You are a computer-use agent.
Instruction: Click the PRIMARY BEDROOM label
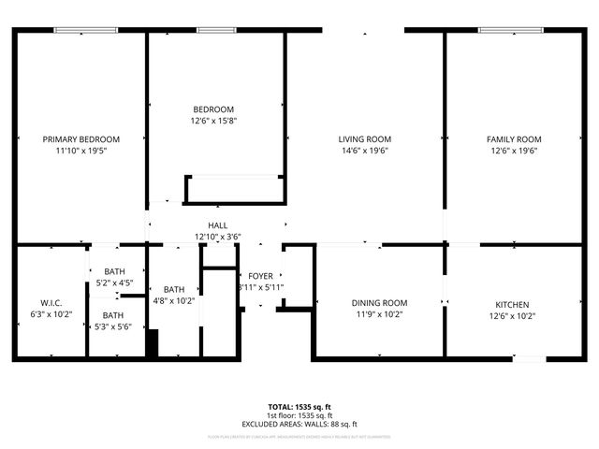click(81, 139)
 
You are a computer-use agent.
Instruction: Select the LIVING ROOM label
click(364, 139)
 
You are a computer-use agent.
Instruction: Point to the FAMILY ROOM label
click(514, 139)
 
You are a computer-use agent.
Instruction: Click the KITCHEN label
click(513, 305)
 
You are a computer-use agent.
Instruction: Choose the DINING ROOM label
click(379, 303)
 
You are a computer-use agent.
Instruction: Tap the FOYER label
click(261, 276)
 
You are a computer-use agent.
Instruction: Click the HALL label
click(217, 225)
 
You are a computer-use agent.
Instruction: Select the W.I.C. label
click(51, 303)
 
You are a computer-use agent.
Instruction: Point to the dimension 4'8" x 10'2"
click(174, 301)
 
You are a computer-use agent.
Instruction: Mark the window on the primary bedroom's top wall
click(86, 31)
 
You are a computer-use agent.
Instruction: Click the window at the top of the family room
click(512, 31)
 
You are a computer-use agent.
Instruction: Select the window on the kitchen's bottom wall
click(531, 358)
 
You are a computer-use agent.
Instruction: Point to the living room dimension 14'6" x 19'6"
click(364, 151)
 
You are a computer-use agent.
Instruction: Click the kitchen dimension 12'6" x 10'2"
click(513, 316)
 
